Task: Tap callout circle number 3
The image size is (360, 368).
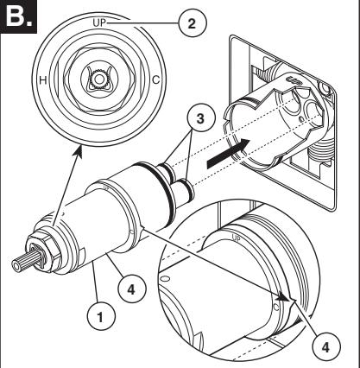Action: click(x=200, y=117)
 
